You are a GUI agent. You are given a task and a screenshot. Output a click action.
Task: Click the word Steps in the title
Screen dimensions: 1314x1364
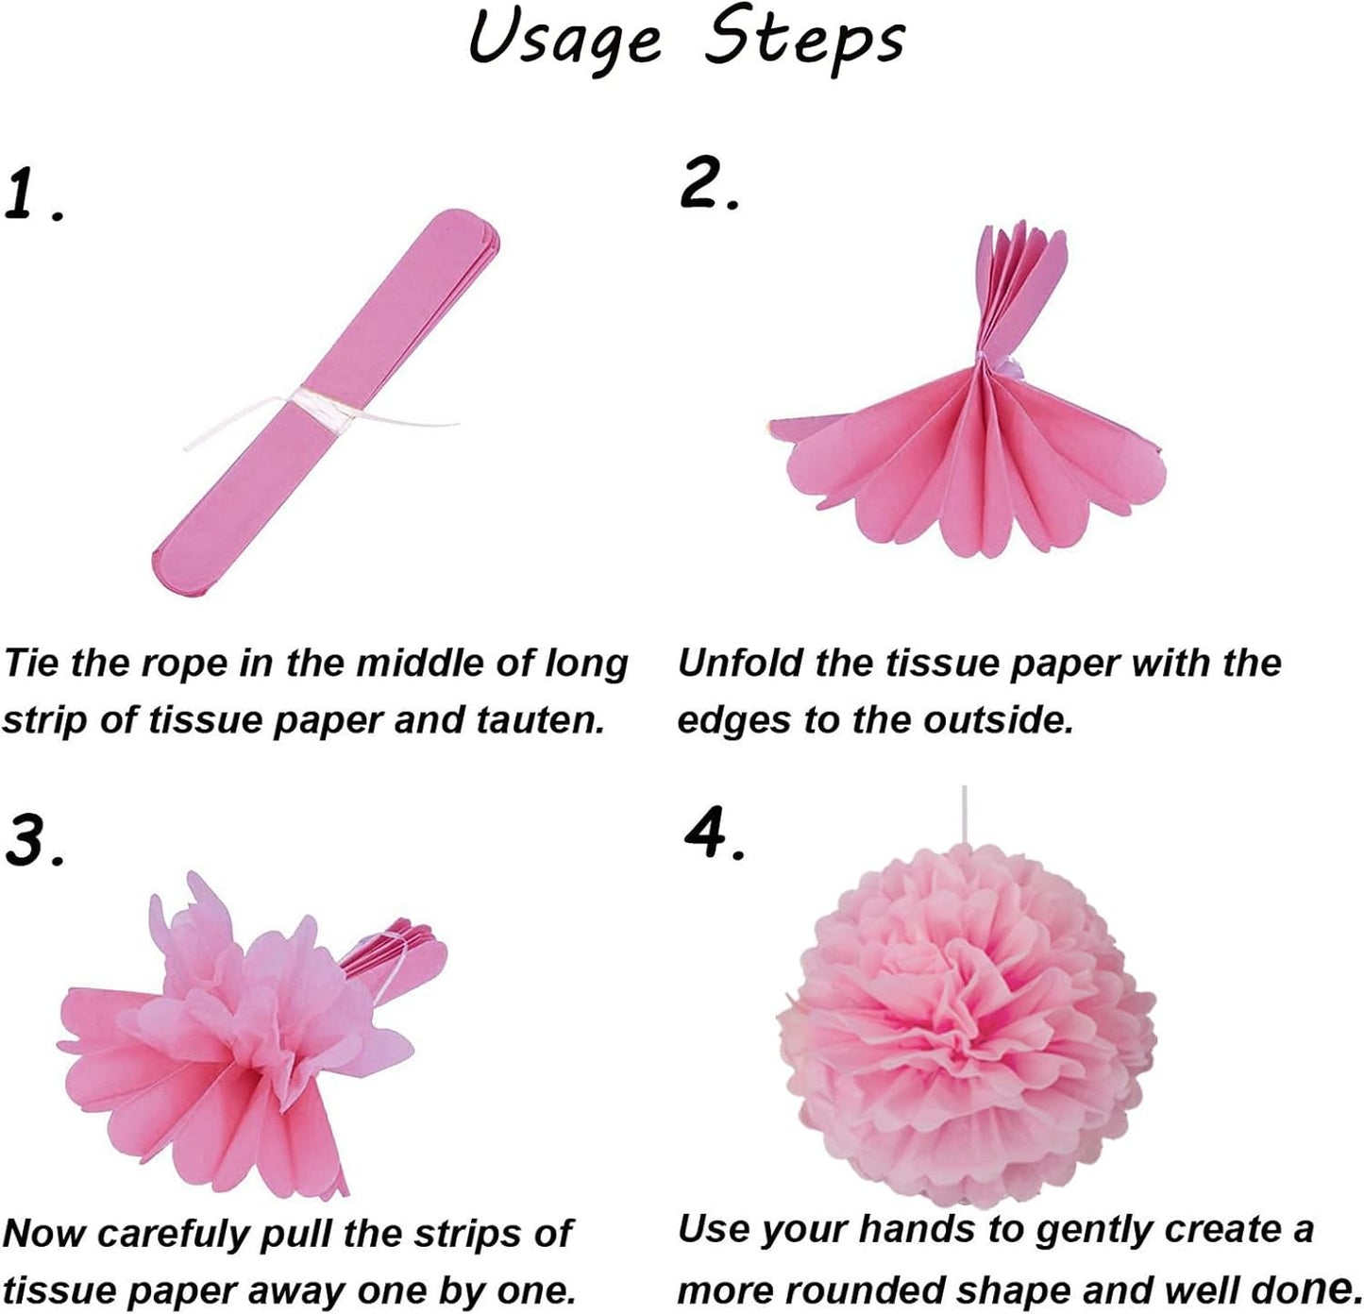tap(804, 40)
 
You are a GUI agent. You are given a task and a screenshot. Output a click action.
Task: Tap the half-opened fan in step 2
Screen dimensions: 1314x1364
tap(972, 444)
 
